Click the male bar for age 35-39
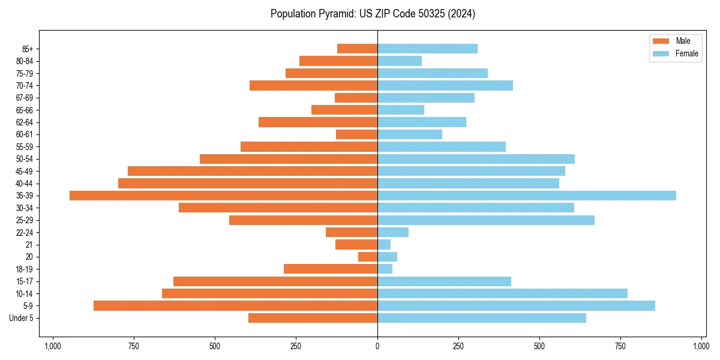[223, 196]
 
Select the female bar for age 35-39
[527, 196]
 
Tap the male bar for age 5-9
[235, 305]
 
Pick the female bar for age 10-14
[502, 293]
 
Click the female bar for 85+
[427, 49]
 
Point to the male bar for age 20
[368, 257]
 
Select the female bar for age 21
[384, 244]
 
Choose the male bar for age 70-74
[313, 85]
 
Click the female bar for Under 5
[482, 318]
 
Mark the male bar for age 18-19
[331, 269]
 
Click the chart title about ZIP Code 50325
[373, 14]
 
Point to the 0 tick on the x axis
[377, 346]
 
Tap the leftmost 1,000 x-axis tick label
[53, 346]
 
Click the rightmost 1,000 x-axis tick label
[701, 346]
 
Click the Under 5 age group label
[22, 318]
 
